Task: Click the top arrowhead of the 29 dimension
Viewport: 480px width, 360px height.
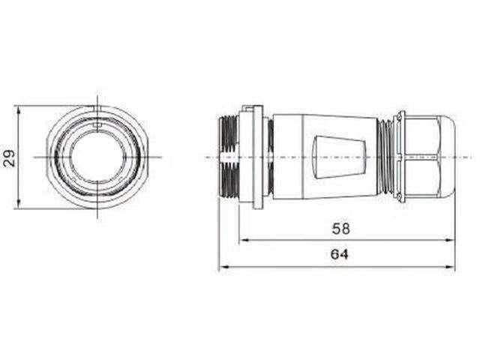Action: (x=18, y=109)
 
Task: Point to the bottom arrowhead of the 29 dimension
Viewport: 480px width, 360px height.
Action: (x=18, y=204)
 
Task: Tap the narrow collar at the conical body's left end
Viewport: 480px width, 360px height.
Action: (x=271, y=157)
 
